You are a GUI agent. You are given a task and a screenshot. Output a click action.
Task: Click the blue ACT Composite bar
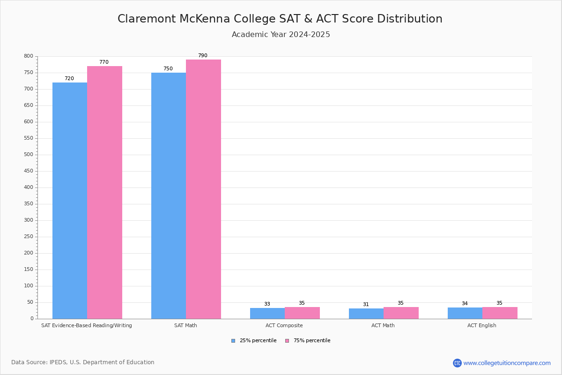267,313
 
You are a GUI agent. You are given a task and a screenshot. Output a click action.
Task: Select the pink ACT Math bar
401,313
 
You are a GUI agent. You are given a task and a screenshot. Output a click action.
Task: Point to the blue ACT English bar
465,313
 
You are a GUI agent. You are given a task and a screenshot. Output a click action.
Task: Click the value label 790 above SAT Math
202,56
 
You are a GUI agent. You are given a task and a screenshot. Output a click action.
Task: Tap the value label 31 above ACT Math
366,304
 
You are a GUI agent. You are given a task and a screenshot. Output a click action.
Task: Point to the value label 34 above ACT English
465,303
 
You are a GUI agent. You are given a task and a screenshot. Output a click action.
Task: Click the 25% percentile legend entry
254,341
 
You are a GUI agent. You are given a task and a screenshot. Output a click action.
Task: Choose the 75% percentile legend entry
308,341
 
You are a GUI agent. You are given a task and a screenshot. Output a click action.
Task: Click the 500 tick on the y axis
29,155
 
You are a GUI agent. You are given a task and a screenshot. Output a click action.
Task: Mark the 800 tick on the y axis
29,56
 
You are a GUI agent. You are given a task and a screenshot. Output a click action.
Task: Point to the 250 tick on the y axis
29,237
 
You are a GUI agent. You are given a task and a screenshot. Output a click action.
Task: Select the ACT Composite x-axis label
284,325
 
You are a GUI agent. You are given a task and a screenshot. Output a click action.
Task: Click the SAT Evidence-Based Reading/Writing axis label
87,325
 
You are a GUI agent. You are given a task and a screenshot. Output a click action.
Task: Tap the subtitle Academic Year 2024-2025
281,35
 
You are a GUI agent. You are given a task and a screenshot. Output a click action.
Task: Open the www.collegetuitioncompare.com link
507,363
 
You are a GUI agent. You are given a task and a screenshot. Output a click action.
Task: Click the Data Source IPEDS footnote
83,362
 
